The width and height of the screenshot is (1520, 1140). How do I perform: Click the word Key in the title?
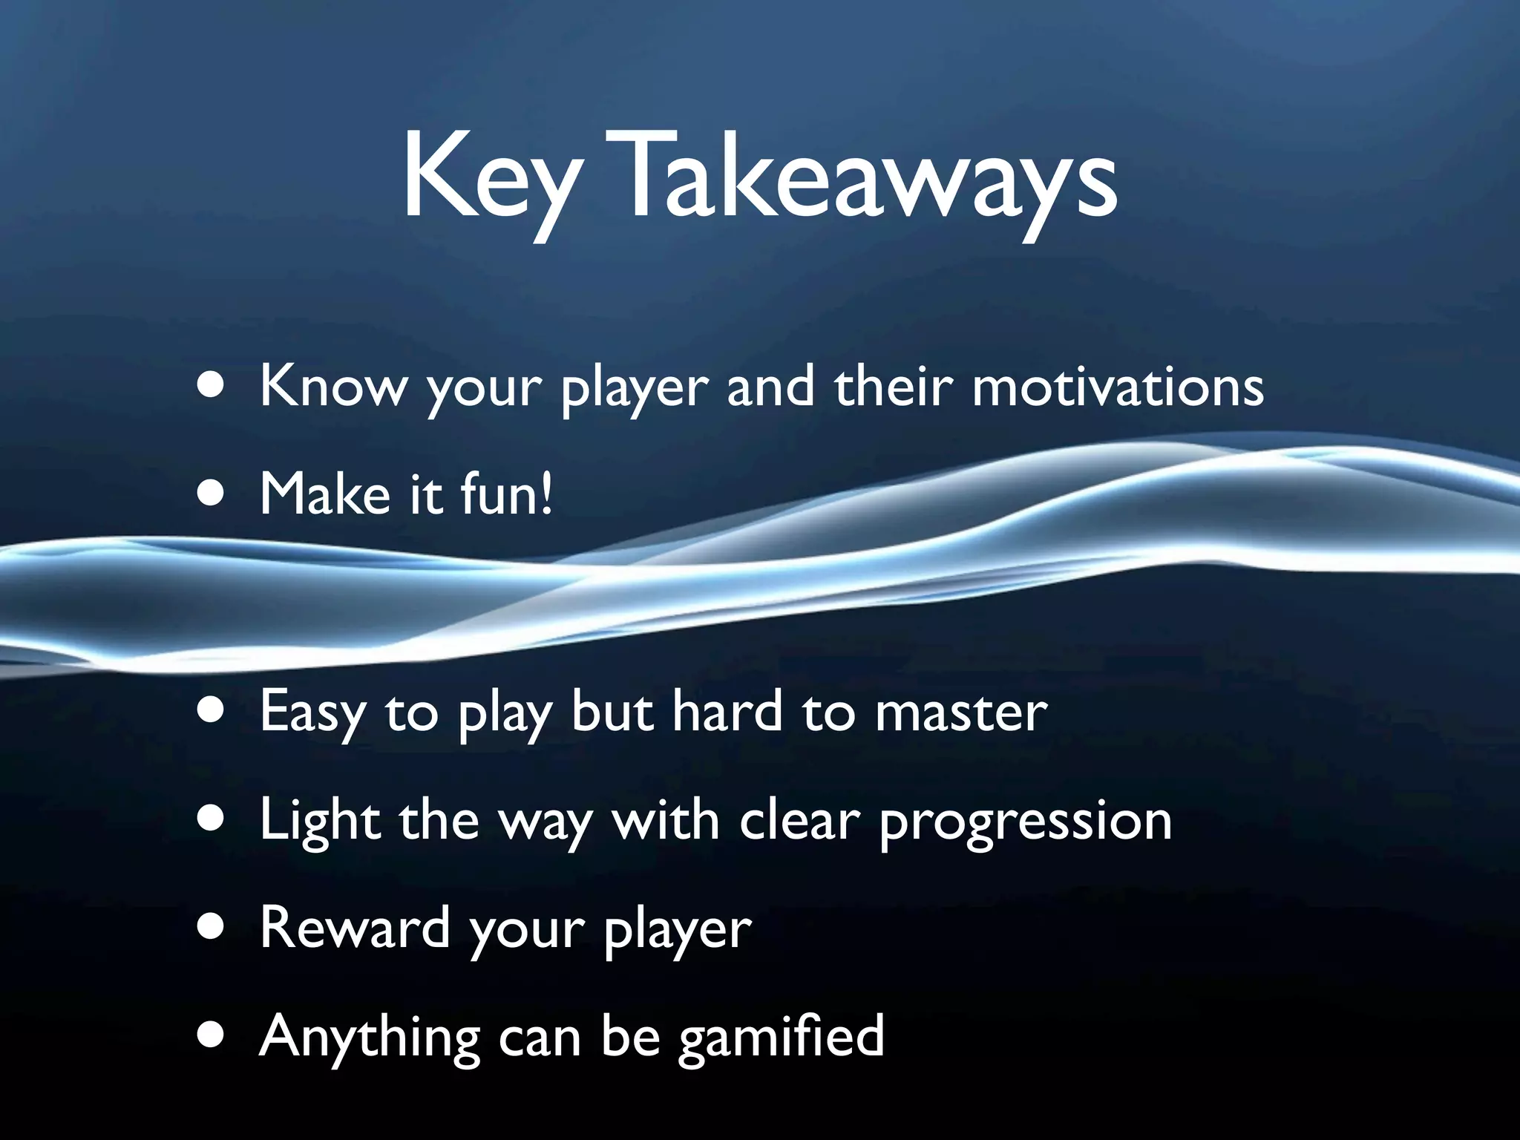(x=490, y=178)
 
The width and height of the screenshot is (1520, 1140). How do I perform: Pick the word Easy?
(x=312, y=712)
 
